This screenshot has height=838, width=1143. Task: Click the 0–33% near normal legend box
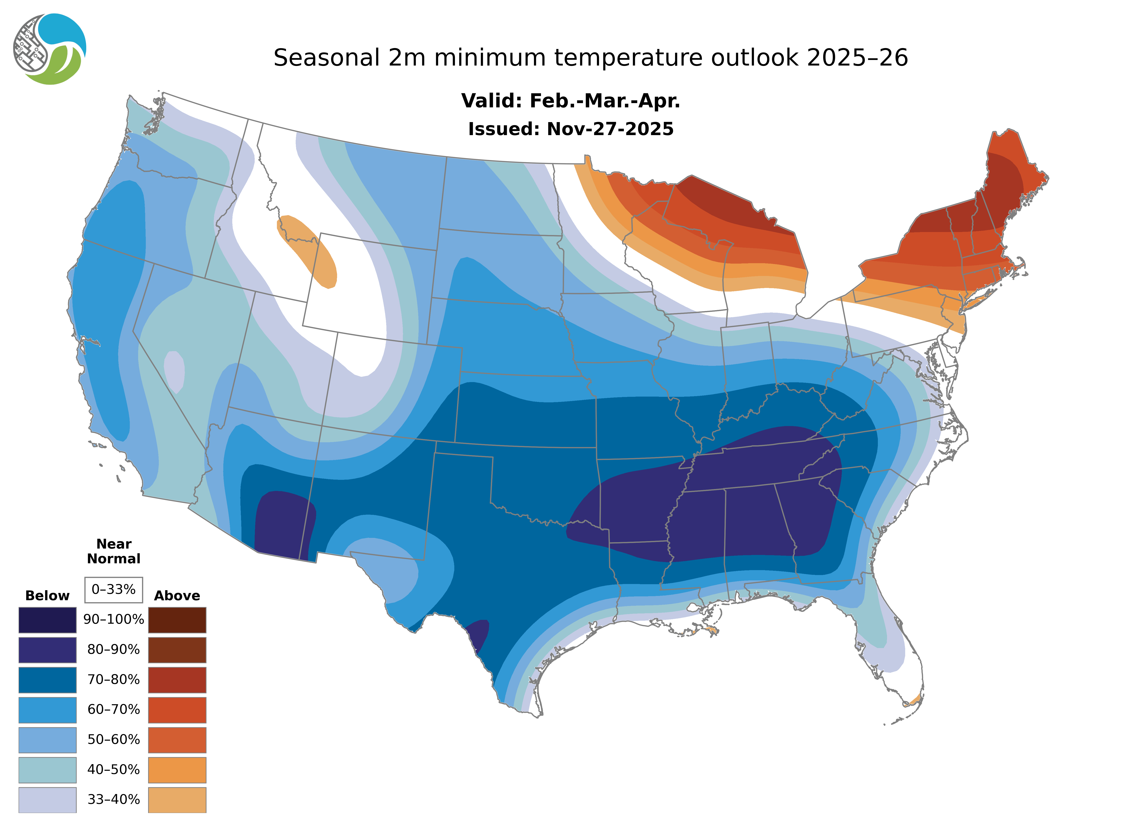pos(114,590)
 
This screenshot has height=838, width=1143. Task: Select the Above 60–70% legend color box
pos(177,710)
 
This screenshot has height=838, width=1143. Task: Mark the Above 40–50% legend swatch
pos(177,769)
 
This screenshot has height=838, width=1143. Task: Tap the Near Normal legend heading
pos(114,551)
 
